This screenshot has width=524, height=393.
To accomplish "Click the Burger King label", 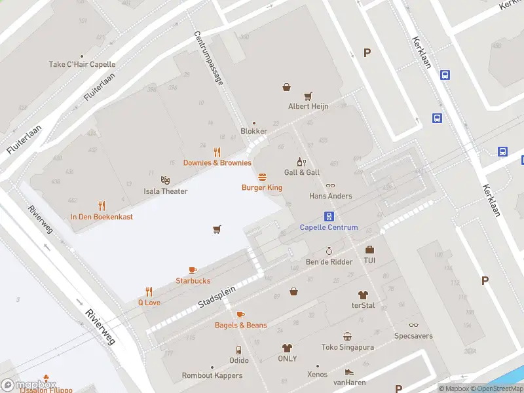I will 262,187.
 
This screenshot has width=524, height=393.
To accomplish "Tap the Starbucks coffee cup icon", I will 193,270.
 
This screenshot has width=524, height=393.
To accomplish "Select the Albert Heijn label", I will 309,106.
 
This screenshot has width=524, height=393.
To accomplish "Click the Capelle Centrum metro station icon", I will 329,216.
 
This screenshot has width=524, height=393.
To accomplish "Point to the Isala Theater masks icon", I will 165,179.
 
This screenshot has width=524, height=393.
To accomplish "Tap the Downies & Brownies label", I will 217,162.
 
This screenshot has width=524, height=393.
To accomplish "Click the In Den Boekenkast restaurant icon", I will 102,205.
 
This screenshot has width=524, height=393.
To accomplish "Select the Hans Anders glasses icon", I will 330,185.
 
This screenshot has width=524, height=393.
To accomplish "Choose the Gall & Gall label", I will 302,172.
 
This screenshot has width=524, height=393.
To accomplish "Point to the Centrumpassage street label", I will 209,58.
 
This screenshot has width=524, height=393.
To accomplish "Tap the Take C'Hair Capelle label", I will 82,64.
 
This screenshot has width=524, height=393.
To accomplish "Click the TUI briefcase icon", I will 369,250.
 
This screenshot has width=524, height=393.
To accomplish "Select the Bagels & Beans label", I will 241,325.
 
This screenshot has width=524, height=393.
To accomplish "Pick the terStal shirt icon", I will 363,295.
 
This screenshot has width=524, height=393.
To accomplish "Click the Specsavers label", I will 413,335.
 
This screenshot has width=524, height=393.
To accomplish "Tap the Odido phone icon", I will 238,350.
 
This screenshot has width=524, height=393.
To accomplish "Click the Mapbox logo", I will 29,385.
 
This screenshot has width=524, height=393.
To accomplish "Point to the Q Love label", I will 149,303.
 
